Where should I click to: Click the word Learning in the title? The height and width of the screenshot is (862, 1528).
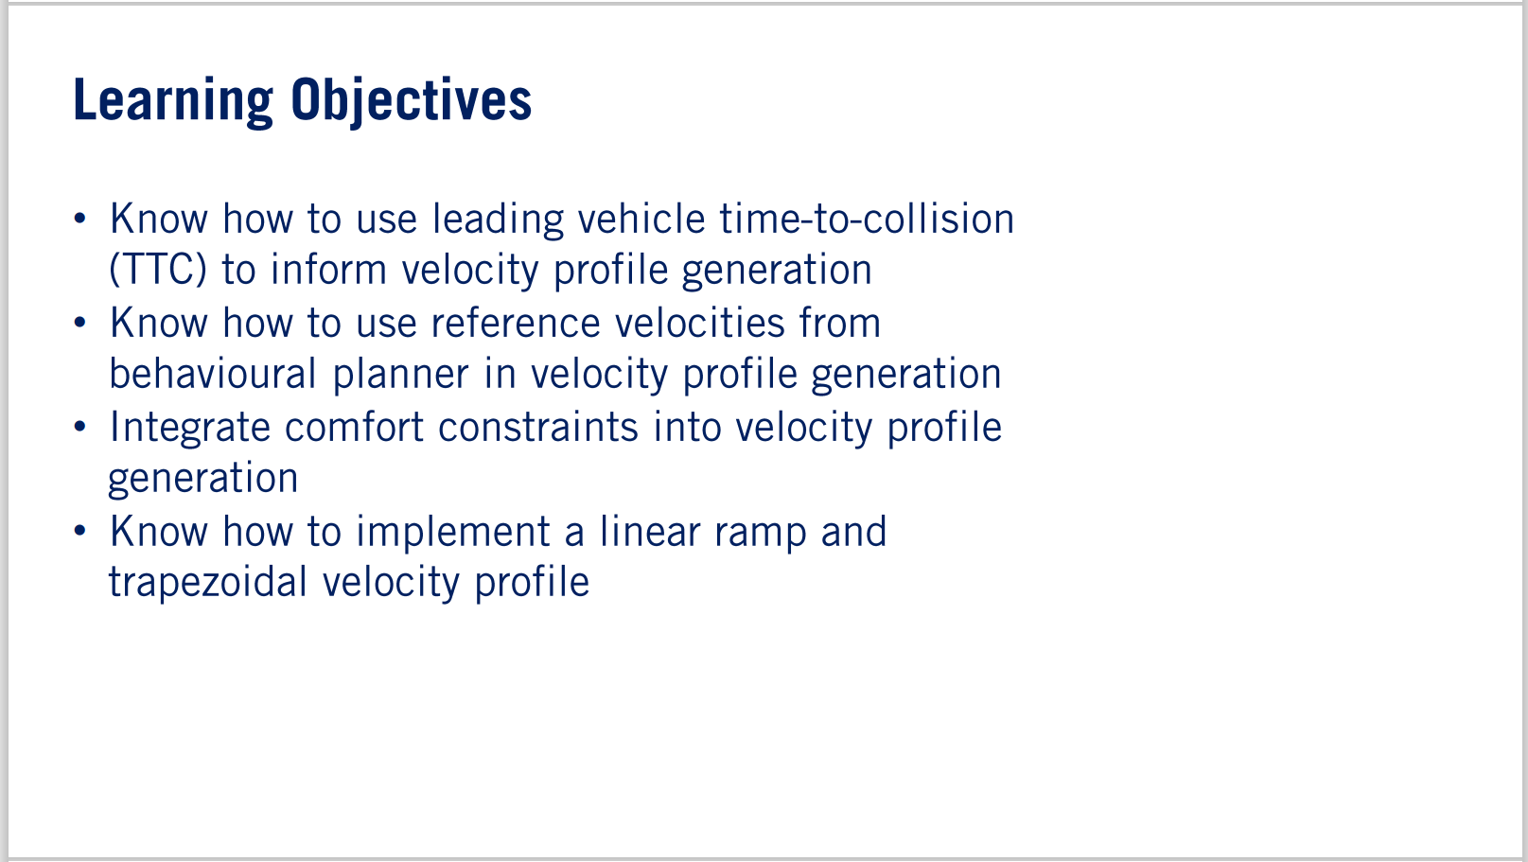point(173,101)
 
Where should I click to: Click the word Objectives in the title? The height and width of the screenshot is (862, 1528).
point(412,101)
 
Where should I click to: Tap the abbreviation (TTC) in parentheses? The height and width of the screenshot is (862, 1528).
point(158,271)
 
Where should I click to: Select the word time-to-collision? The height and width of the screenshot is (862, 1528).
point(867,220)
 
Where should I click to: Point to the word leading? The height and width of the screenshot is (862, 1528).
point(498,220)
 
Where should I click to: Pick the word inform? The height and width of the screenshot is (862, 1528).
point(328,271)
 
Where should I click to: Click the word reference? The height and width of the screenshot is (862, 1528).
point(516,324)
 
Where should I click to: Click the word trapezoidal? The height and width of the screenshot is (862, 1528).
point(208,583)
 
